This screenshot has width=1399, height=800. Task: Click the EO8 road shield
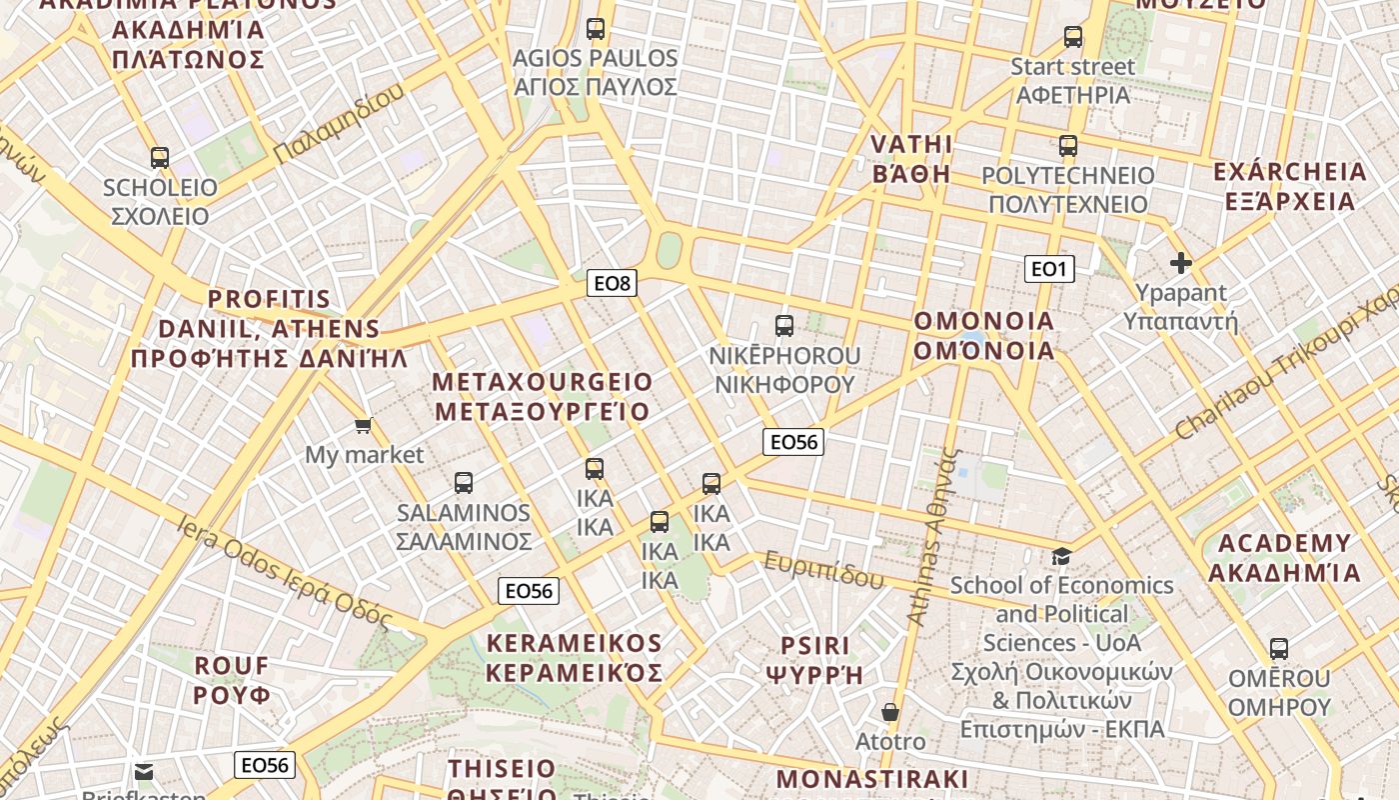[613, 283]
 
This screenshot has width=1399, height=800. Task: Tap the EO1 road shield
[1049, 268]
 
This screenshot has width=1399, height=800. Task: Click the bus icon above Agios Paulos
[596, 29]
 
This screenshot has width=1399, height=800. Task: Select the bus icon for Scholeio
[160, 157]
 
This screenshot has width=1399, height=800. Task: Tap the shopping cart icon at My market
[364, 426]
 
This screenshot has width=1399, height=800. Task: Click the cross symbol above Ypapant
[1181, 263]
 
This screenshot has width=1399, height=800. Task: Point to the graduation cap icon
[1061, 555]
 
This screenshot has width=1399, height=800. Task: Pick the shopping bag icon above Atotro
[890, 712]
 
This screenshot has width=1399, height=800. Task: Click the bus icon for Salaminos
[464, 483]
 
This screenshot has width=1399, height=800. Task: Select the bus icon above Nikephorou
[784, 325]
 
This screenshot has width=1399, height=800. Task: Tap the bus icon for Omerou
[1279, 648]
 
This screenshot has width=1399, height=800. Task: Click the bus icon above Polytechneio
[1068, 146]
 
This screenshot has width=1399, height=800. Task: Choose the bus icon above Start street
[1073, 37]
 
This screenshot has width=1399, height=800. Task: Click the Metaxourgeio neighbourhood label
[542, 396]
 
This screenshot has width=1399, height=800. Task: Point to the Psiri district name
[814, 659]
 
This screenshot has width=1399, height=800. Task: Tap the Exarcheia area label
[1289, 186]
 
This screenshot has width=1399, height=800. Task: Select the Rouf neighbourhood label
[232, 680]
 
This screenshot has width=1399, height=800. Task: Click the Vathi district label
[911, 158]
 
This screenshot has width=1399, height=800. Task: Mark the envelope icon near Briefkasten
[145, 771]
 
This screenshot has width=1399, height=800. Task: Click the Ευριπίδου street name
[824, 570]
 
